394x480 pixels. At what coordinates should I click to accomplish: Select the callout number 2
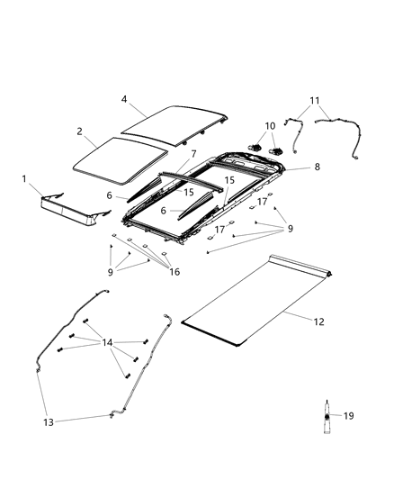[80, 131]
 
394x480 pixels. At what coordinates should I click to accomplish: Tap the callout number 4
[125, 100]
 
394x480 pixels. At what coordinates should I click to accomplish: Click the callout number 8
[316, 167]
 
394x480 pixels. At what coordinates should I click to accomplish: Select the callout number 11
[314, 100]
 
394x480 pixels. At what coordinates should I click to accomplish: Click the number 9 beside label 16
[111, 270]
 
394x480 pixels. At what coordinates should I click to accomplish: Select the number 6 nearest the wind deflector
[109, 195]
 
